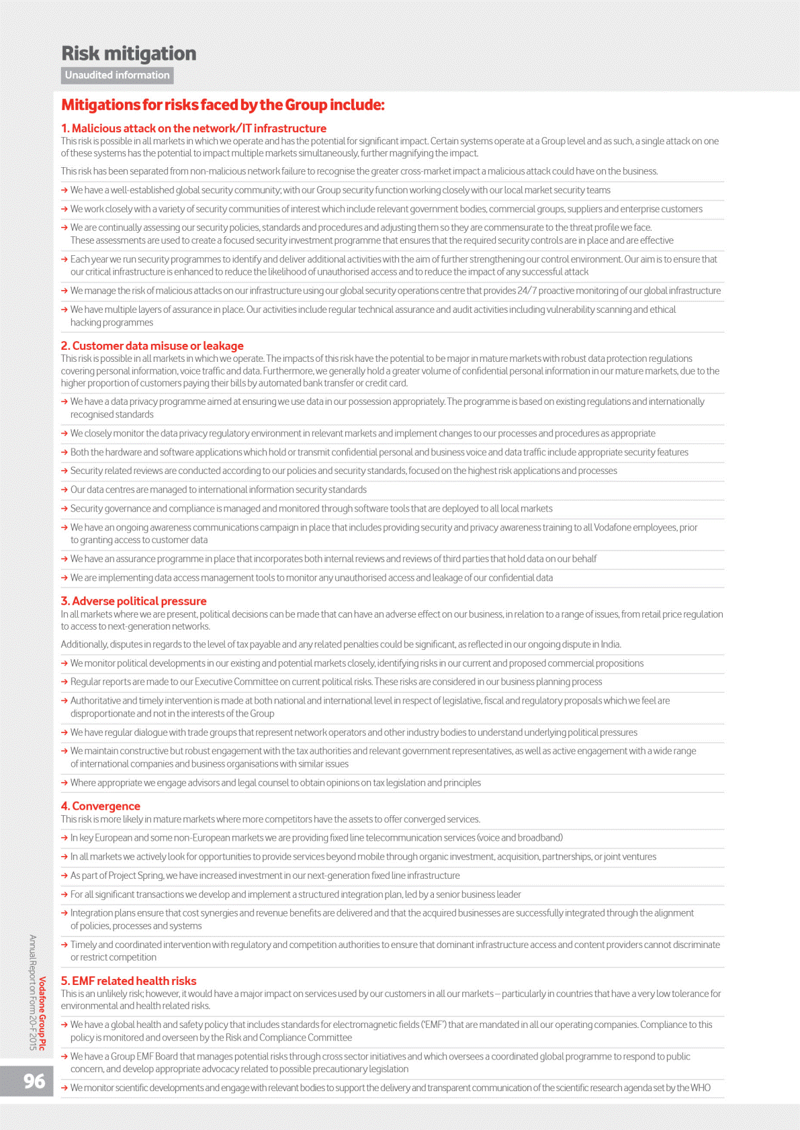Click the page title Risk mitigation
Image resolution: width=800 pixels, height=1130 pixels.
click(x=129, y=54)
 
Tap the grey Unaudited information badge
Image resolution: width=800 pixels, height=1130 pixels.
click(x=118, y=75)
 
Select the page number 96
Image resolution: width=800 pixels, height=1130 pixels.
click(x=34, y=1081)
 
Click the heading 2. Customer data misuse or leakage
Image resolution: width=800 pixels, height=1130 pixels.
click(x=152, y=346)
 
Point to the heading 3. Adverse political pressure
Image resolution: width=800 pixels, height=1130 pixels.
click(x=134, y=601)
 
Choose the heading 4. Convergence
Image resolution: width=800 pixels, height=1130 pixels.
click(x=101, y=806)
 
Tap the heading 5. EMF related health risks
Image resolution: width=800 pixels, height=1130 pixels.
click(x=129, y=981)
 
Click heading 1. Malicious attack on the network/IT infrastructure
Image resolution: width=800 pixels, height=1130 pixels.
click(x=193, y=128)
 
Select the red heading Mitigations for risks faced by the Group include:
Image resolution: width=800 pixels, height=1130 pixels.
click(x=223, y=105)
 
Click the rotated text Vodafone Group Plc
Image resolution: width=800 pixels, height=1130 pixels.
click(x=42, y=1013)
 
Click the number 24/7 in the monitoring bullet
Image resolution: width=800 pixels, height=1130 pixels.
click(x=527, y=291)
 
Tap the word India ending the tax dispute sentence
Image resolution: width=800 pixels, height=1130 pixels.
click(x=610, y=645)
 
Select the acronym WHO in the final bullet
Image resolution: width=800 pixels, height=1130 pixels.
click(x=701, y=1088)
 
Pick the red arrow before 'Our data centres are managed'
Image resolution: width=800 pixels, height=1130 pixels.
click(x=64, y=489)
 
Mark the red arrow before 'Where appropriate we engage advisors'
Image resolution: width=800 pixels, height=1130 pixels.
click(x=64, y=783)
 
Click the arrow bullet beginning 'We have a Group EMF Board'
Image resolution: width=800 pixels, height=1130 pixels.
click(x=64, y=1057)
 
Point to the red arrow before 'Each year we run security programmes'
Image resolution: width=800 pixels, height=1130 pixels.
click(x=64, y=259)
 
